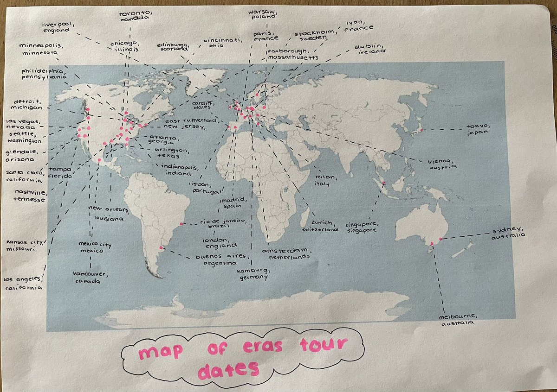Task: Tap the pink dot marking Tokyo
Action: (421, 130)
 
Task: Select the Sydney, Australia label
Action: (509, 232)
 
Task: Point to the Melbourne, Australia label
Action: (458, 320)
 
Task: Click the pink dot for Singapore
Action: (384, 184)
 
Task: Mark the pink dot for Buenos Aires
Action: (161, 248)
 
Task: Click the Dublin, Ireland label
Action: (370, 49)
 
